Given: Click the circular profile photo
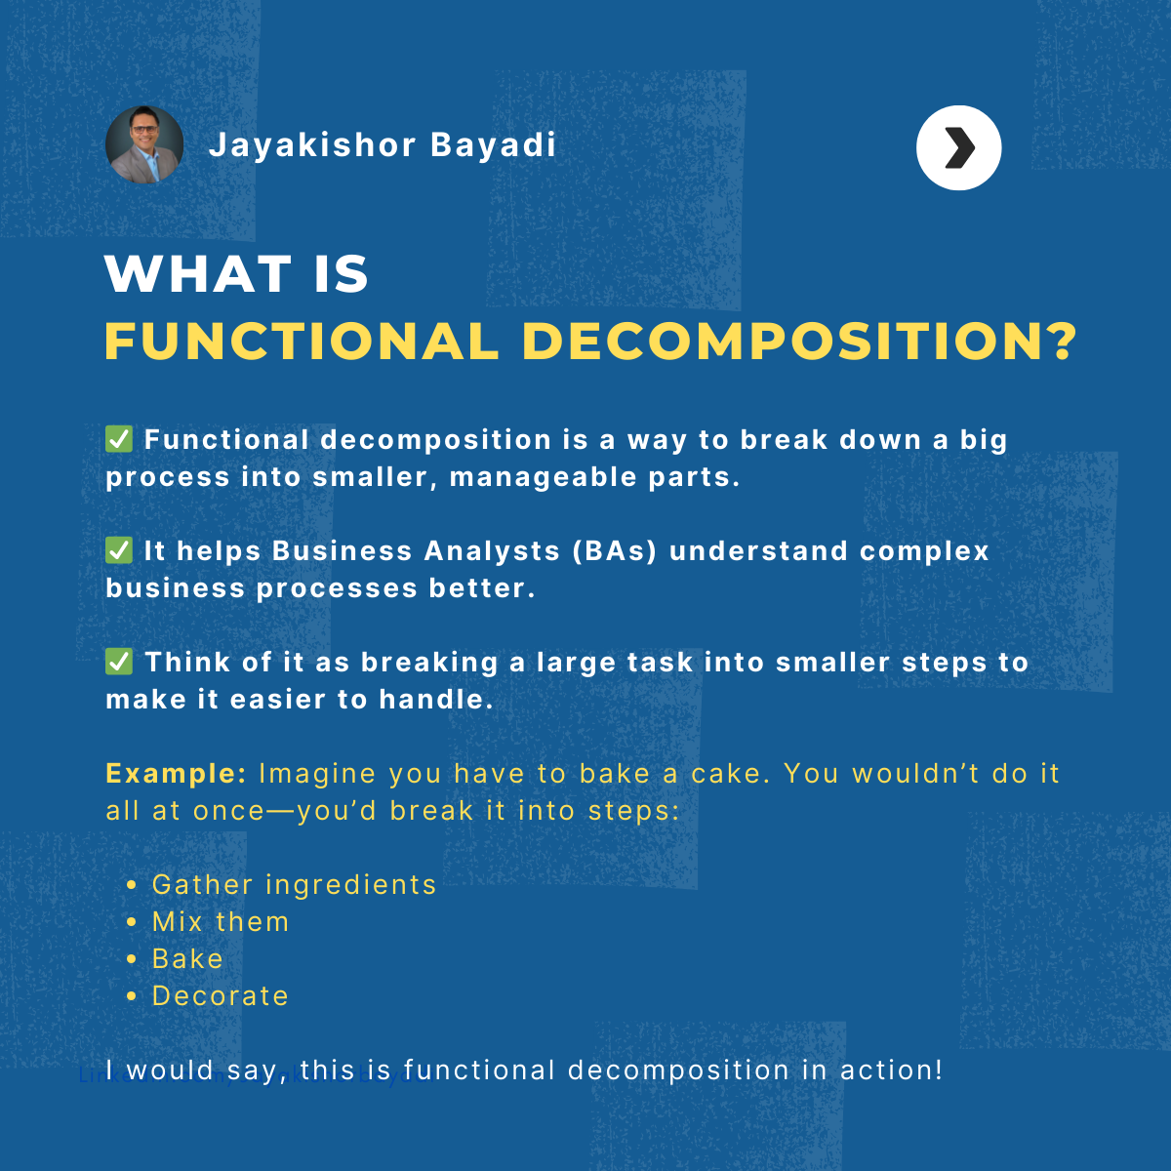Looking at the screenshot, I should coord(144,144).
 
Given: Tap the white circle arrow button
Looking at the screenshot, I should coord(958,147).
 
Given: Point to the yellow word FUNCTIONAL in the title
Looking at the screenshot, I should coord(302,342).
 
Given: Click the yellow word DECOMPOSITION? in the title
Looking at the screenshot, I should coord(799,342).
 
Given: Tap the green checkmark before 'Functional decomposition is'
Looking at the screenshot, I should coord(119,439).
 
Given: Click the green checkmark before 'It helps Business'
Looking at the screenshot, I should coord(119,550).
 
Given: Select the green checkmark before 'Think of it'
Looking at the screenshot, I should coord(119,662).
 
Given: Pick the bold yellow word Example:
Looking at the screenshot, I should coord(176,774).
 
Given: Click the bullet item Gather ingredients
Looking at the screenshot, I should coord(294,885).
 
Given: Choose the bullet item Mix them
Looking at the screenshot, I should coord(221,922).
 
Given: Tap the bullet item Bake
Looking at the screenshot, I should coord(187,959).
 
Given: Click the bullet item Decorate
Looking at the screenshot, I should coord(221,996).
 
